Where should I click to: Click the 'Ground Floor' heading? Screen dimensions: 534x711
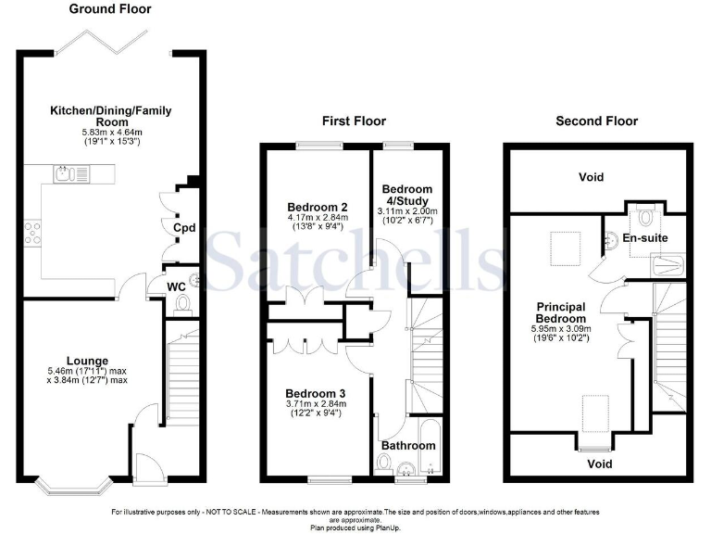point(110,9)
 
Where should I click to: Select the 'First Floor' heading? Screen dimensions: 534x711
point(354,121)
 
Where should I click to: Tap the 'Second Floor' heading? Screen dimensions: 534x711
point(596,121)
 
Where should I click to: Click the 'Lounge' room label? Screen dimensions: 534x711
point(87,361)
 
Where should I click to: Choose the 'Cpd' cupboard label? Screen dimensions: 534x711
point(183,226)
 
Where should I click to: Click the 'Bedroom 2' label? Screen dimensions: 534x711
point(311,207)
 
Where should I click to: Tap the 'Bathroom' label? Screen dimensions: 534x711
point(408,446)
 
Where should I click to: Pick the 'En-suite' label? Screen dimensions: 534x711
point(644,238)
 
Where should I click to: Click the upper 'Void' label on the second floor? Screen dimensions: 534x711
point(591,177)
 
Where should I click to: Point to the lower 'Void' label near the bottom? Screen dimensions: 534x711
point(601,463)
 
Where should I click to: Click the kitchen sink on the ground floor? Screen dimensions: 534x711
point(65,173)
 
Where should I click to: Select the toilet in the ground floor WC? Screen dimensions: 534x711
point(182,305)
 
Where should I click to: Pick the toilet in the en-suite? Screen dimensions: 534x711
point(645,216)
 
